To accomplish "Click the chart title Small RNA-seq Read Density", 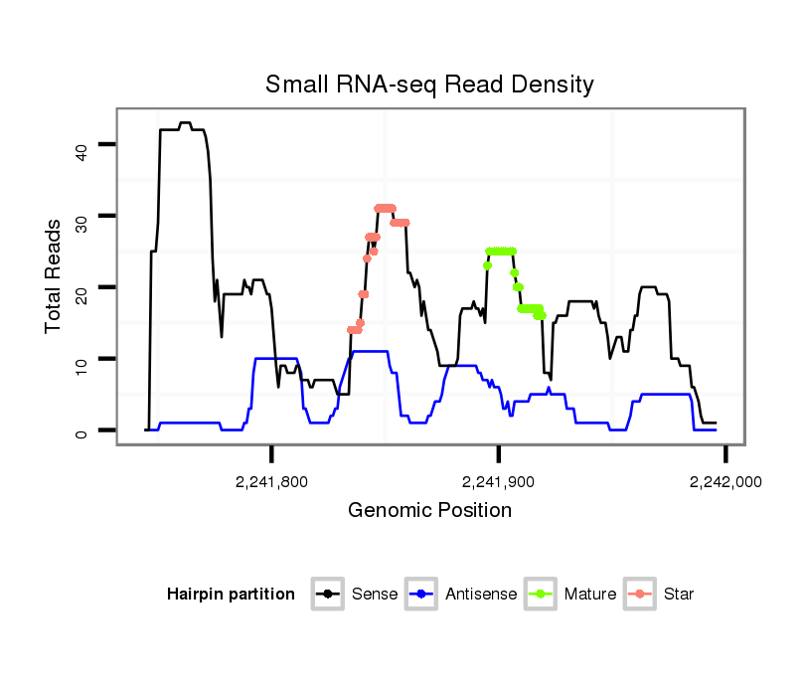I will pos(429,85).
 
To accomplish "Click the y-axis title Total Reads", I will pos(54,275).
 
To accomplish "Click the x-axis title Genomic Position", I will pos(429,511).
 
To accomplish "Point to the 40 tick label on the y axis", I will pos(81,148).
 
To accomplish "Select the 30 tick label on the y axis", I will pos(81,219).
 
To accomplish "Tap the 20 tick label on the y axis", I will pos(81,290).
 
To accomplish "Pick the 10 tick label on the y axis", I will pos(81,361).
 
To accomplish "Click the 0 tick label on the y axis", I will pos(81,432).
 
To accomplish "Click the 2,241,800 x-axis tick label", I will pos(271,481).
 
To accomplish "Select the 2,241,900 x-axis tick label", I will pos(498,481).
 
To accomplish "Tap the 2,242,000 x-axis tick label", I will pos(724,481).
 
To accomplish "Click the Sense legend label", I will pos(375,595).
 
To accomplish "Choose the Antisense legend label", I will pos(481,595).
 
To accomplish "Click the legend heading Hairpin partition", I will pos(231,595).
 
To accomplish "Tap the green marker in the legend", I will pos(544,595).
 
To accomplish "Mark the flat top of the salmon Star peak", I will pos(385,208).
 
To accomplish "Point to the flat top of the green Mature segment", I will pos(501,252).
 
